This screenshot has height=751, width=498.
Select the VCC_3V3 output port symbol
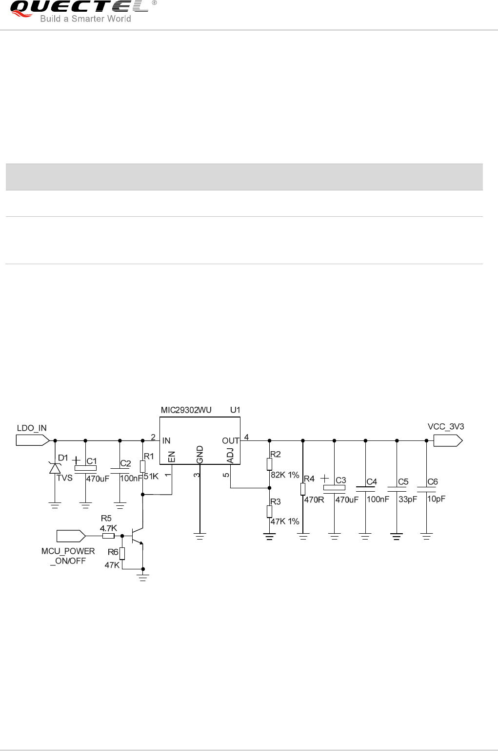[x=447, y=440]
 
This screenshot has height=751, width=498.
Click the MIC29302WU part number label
[x=186, y=410]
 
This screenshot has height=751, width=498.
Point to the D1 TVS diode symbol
[x=55, y=468]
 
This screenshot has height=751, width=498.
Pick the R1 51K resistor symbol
[x=142, y=466]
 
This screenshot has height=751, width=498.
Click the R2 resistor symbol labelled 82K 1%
[x=269, y=464]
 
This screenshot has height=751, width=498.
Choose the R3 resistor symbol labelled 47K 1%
[x=269, y=511]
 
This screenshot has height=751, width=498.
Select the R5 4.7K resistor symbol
[x=108, y=536]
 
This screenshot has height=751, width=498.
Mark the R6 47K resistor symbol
[x=122, y=553]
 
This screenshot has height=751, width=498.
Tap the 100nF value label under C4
[x=378, y=499]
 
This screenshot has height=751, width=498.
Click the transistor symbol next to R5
[x=138, y=536]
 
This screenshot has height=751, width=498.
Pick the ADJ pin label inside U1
[x=230, y=455]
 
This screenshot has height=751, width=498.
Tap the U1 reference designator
[x=236, y=410]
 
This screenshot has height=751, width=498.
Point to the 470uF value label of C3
[x=347, y=500]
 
